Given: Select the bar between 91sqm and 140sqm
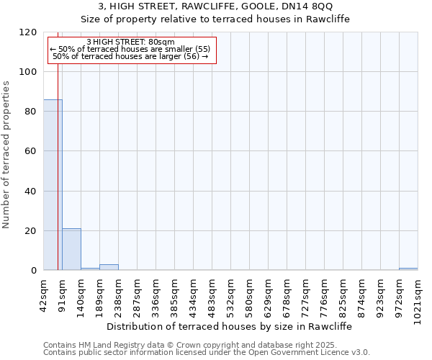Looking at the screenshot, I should (71, 249).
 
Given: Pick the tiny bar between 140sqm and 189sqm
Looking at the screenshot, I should (90, 269).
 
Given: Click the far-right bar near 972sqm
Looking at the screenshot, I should (408, 269).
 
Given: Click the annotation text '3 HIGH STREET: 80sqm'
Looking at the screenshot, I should (130, 42).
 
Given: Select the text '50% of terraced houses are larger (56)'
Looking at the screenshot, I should (130, 56).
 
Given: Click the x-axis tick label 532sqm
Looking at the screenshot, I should (231, 294).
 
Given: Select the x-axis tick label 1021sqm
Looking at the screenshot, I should (418, 297).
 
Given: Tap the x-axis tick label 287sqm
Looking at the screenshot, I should (138, 294).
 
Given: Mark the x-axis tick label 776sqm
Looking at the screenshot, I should (325, 294).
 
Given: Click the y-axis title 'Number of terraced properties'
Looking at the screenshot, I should (6, 155).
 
